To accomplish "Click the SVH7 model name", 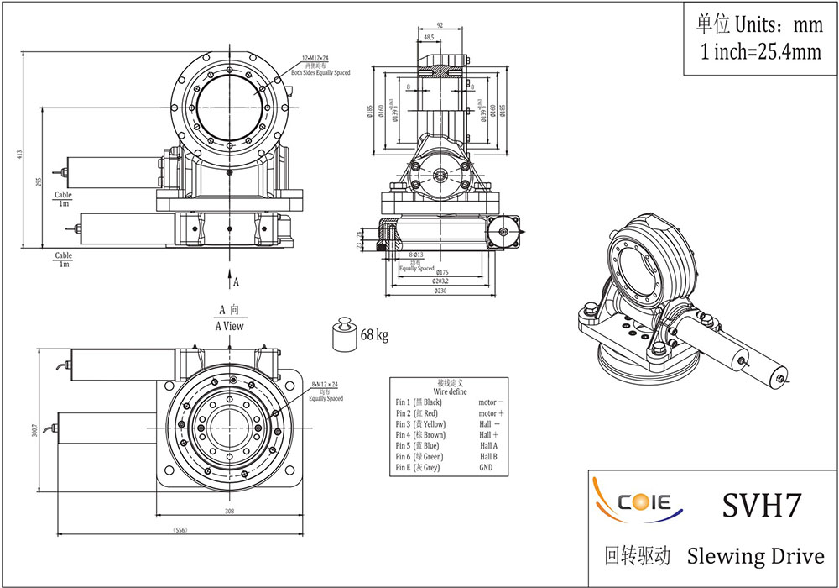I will pyautogui.click(x=762, y=505).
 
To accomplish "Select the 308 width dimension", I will pyautogui.click(x=228, y=511).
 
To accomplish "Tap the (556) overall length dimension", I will pyautogui.click(x=178, y=531).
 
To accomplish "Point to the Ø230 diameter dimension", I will pyautogui.click(x=440, y=291).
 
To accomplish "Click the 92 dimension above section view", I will pyautogui.click(x=439, y=26).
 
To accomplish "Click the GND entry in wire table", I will pyautogui.click(x=486, y=467).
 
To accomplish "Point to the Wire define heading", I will pyautogui.click(x=450, y=391).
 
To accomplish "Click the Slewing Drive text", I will pyautogui.click(x=755, y=556).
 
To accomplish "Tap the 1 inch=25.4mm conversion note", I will pyautogui.click(x=760, y=52).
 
